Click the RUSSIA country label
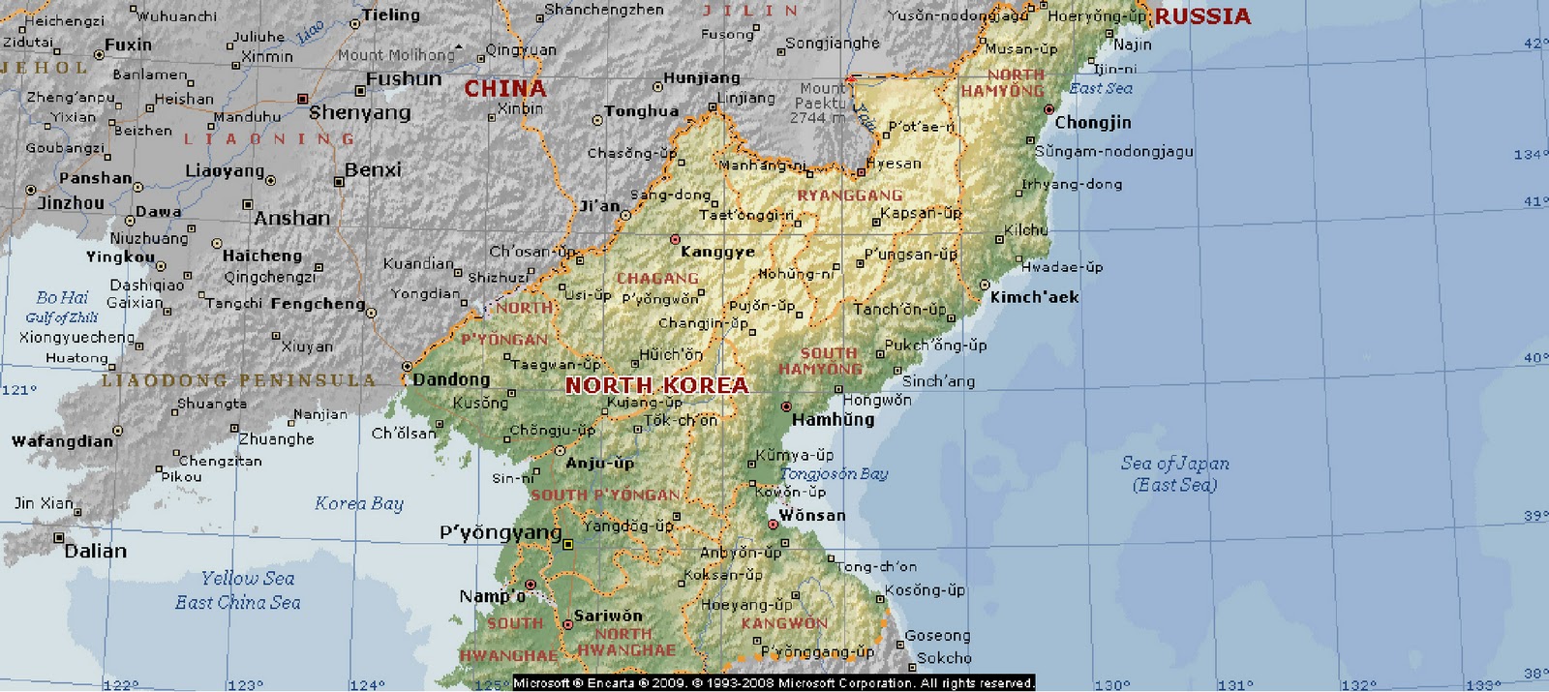pos(1202,16)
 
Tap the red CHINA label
pos(504,89)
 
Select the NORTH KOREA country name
pos(656,385)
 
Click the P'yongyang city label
pos(500,532)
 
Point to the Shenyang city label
pos(359,112)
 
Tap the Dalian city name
pos(95,551)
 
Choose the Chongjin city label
pos(1092,122)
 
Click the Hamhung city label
pos(833,419)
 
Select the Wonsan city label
pos(811,515)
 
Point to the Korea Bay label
pos(358,503)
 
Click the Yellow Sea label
pos(247,579)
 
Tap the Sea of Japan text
pos(1174,464)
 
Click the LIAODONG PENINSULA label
pos(238,380)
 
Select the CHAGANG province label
pos(657,279)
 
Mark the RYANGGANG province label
pos(849,195)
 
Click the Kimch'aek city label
pos(1034,297)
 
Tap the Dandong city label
pos(451,379)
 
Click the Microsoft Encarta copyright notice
pos(773,683)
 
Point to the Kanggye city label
pos(716,252)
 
